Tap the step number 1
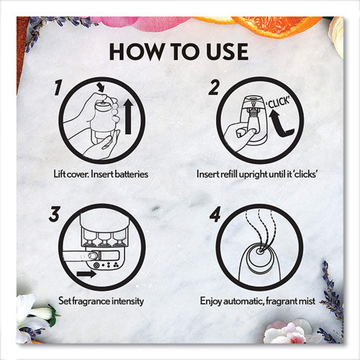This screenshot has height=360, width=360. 58,88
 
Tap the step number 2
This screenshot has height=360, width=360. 214,88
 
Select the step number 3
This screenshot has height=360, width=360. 55,214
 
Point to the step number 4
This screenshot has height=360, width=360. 215,214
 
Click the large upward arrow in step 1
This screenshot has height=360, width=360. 128,117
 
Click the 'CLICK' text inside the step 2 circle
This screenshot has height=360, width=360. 279,102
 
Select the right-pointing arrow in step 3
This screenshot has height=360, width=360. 86,274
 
